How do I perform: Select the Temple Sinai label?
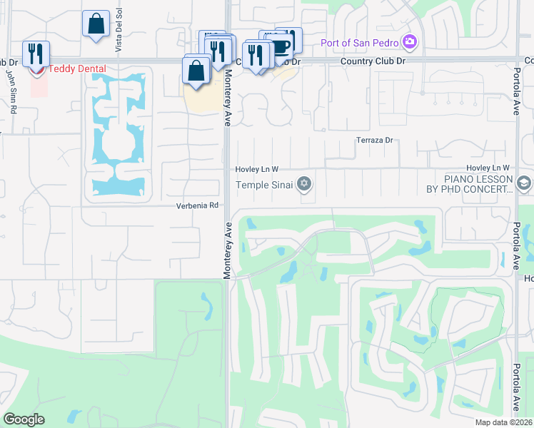click(266, 185)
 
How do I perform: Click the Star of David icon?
click(304, 185)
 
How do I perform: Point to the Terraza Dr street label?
click(375, 141)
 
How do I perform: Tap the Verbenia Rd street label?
click(198, 205)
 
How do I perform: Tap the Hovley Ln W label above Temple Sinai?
click(256, 169)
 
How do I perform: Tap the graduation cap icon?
click(525, 184)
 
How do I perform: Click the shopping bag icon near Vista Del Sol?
click(96, 24)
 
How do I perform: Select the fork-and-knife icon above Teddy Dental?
click(35, 53)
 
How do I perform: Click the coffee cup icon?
click(281, 46)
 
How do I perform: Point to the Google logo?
click(24, 419)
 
